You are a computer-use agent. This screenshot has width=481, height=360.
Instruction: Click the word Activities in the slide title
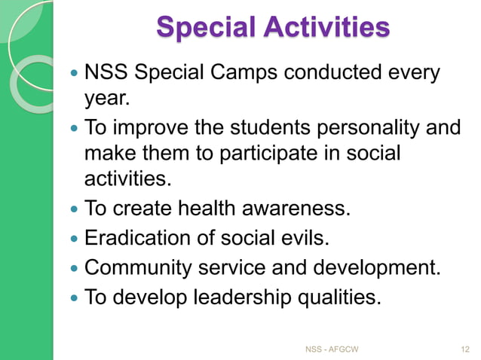click(x=327, y=28)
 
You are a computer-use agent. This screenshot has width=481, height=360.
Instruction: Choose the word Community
click(x=142, y=267)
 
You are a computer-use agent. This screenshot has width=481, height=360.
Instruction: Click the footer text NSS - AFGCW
click(x=332, y=349)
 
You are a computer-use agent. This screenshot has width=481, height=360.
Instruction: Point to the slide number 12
click(x=464, y=349)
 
